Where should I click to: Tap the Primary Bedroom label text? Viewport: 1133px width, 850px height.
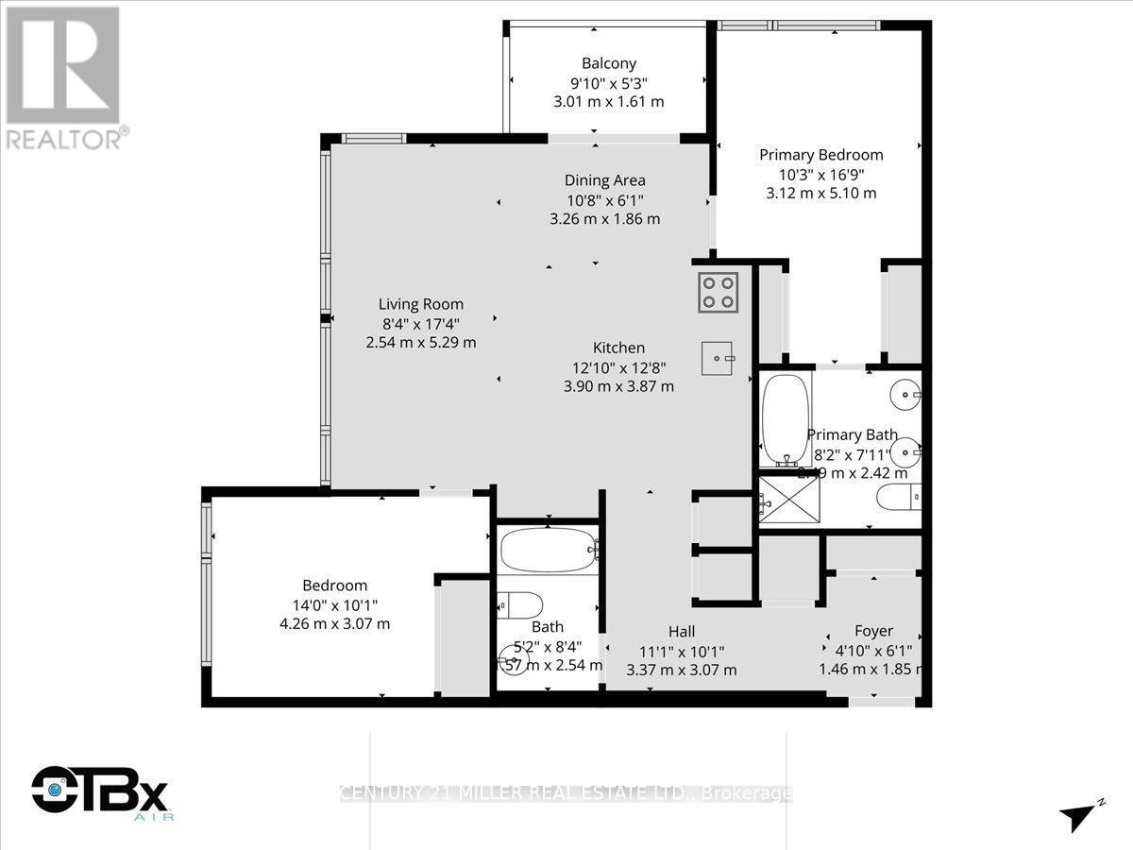(821, 155)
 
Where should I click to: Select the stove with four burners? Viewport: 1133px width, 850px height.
(719, 291)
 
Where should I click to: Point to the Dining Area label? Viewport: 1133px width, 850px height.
(604, 180)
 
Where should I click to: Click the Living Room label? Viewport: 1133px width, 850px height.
(421, 304)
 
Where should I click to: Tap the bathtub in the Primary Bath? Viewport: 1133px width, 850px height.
(782, 420)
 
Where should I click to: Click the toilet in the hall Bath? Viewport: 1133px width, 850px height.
(519, 604)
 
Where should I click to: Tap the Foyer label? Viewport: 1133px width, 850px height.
(873, 631)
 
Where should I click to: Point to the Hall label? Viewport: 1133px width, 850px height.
(681, 631)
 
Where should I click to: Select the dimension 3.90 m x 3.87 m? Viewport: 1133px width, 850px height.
(618, 385)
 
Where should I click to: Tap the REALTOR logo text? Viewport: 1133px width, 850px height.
(65, 139)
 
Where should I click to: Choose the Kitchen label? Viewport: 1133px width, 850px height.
(618, 348)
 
